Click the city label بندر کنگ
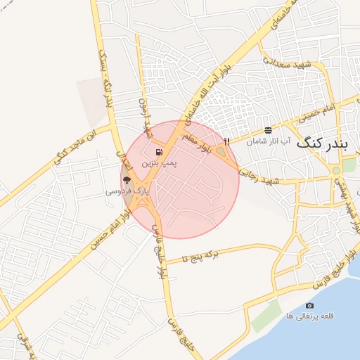(322, 143)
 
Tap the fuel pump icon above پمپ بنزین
(159, 151)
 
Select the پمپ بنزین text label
(159, 162)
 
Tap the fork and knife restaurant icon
(226, 141)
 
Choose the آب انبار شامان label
(266, 141)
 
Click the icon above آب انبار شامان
(268, 130)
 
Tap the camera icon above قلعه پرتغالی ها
(309, 305)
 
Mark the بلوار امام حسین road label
(106, 229)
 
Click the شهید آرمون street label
(145, 117)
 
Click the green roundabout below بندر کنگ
(336, 170)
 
